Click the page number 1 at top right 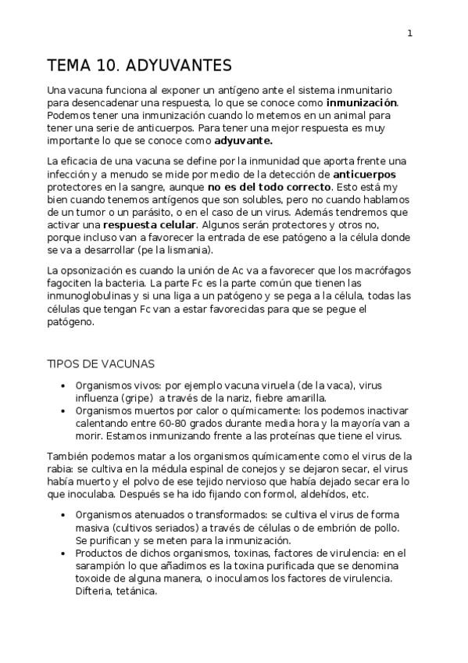point(410,33)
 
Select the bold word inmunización point(362,102)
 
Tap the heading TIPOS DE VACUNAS point(101,364)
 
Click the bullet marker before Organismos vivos point(63,385)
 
